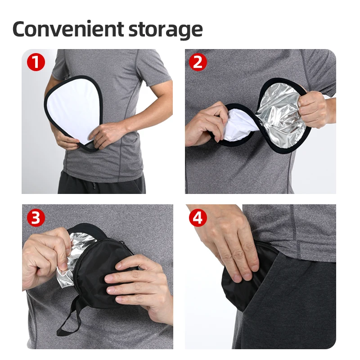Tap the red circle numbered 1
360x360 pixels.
pos(36,62)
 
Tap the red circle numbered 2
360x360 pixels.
pos(198,62)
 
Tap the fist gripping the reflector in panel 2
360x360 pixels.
pos(313,108)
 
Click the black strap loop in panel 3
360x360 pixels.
pos(72,319)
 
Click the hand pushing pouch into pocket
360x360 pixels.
pos(234,243)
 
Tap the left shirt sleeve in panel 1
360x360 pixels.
pos(61,67)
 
